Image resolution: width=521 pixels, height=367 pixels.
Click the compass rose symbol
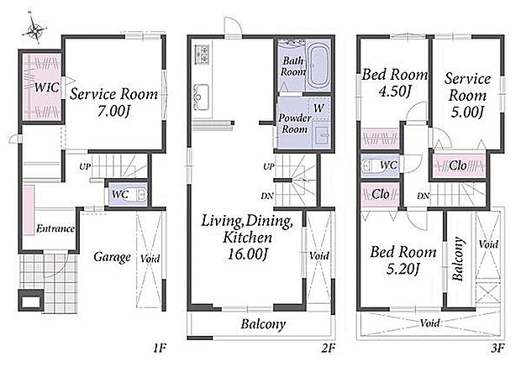point(34,30)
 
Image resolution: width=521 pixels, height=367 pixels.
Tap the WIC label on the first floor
point(47,87)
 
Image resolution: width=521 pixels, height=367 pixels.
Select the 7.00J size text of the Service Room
point(113,111)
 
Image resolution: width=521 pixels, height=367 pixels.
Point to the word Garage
point(112,257)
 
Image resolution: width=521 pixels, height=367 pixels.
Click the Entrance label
point(55,228)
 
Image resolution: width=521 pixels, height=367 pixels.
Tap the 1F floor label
point(160,349)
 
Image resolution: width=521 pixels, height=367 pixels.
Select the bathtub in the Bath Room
point(318,66)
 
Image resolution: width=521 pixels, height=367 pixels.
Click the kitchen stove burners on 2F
point(202,54)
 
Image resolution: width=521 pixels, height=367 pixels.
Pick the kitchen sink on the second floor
point(202,97)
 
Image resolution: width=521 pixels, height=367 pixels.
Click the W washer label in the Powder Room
point(318,108)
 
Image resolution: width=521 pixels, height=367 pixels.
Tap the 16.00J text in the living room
point(248,254)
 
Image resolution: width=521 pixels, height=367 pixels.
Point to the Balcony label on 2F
point(263,324)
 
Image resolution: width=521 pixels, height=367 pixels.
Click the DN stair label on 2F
point(267,196)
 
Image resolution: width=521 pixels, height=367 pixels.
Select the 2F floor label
point(328,349)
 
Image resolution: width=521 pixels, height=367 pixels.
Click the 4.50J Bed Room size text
point(395,92)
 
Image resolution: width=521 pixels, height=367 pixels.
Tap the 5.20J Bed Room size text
point(403,269)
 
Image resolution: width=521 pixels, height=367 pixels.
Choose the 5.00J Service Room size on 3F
point(467,112)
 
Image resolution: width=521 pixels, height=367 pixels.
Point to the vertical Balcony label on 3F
point(458,259)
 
